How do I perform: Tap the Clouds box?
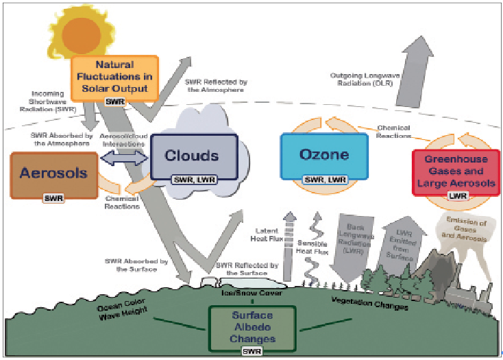[x=194, y=156]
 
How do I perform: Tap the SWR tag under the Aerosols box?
[x=53, y=198]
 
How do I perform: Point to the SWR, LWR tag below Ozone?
[x=325, y=180]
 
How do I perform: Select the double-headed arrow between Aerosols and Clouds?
[x=125, y=157]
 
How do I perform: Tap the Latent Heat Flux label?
[x=267, y=235]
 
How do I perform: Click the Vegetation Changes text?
[x=370, y=304]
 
